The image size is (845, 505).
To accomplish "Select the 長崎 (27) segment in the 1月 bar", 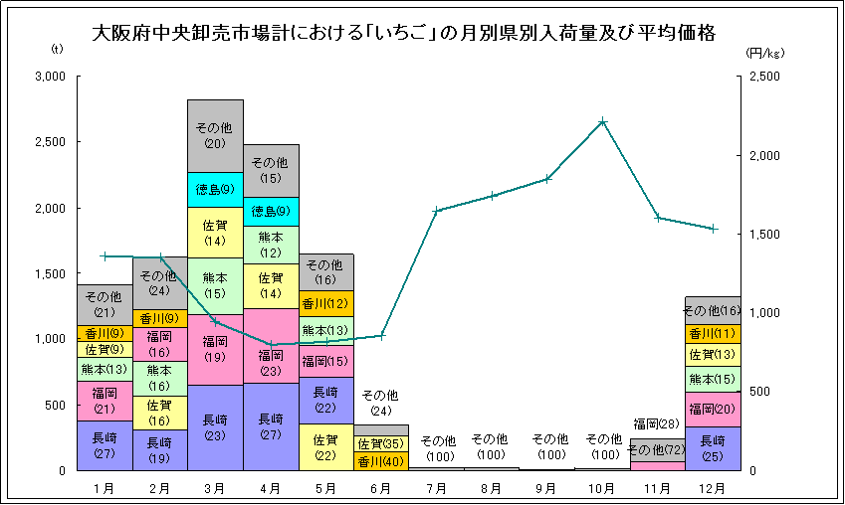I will (x=105, y=444).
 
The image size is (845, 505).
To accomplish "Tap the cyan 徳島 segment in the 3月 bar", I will (x=215, y=189).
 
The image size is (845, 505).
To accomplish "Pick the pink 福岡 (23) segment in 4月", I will (x=271, y=362).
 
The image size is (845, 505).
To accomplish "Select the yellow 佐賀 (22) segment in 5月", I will (x=325, y=446).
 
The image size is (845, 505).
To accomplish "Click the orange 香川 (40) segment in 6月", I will (x=380, y=461).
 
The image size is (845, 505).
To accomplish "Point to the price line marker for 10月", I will (x=603, y=121).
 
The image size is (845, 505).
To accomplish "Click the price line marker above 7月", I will (x=436, y=211).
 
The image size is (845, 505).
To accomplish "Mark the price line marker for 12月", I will (x=713, y=229).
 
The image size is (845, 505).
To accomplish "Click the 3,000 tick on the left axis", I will (x=49, y=77).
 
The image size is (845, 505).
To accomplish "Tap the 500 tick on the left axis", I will (x=55, y=405).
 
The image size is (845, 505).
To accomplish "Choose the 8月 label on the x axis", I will (x=492, y=487).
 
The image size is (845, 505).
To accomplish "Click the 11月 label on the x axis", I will (x=657, y=487).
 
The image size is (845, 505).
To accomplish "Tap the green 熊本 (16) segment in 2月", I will (x=159, y=378).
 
